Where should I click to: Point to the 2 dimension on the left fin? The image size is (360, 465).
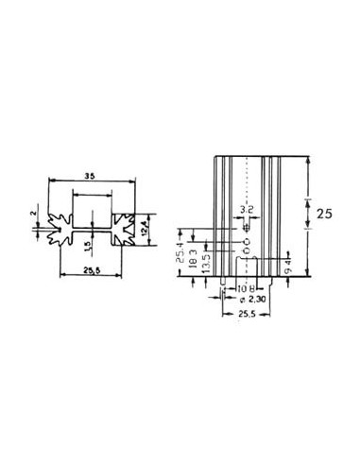coord(33,214)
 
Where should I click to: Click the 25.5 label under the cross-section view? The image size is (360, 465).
coord(90,269)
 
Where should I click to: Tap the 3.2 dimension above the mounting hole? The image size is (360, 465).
coord(247,208)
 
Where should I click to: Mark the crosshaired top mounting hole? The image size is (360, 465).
coord(247,226)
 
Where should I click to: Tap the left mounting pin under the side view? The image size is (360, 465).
coord(222,281)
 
